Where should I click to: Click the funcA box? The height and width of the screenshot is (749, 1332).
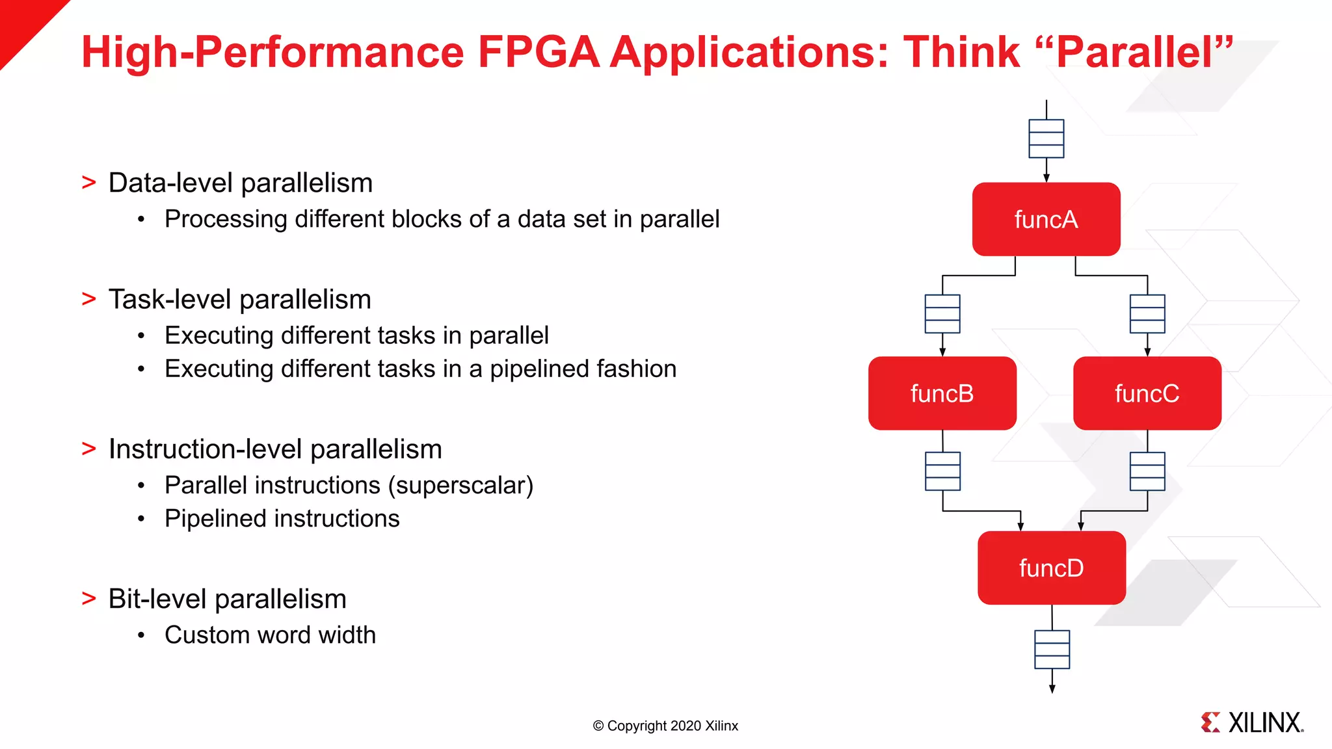coord(1046,219)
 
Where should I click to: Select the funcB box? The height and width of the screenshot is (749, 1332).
coord(942,393)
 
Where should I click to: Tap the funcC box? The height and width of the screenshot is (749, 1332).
coord(1147,393)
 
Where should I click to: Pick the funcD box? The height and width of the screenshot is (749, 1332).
coord(1051,568)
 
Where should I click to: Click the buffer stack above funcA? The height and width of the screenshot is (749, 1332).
coord(1046,138)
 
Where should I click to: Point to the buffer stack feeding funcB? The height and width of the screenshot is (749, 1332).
coord(942,314)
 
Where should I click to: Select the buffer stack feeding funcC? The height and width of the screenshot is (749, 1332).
coord(1147,314)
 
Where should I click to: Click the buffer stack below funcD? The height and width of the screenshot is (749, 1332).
coord(1052,650)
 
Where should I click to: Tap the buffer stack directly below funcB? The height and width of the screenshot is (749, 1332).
coord(942,471)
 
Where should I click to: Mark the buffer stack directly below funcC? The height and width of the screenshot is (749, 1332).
coord(1147,471)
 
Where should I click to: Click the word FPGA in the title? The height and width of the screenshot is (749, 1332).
coord(538,52)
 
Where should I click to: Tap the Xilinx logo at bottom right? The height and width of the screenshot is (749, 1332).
coord(1251,722)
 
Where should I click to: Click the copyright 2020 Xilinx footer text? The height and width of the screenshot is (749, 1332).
coord(665,726)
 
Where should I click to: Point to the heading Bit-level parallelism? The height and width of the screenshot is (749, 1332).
coord(227,599)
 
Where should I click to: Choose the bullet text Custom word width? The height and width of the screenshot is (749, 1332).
coord(270,635)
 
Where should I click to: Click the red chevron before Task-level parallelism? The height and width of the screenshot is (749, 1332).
coord(89,299)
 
